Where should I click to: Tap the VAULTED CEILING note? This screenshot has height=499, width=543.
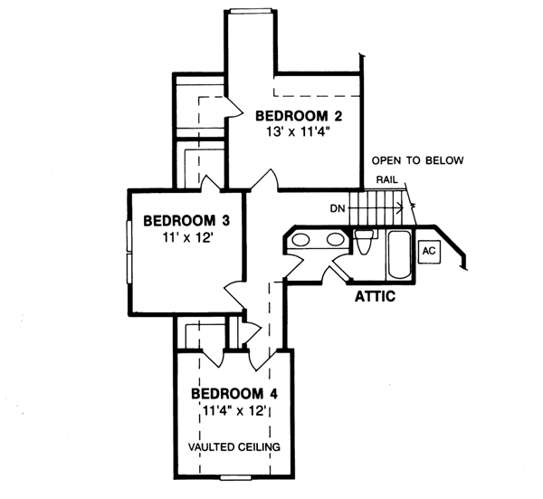[234, 446]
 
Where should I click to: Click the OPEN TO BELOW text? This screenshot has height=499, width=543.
[417, 161]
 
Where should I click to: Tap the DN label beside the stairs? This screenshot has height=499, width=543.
[337, 208]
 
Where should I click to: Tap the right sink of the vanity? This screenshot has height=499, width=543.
[335, 240]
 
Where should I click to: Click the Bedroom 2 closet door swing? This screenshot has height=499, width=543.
[228, 103]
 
